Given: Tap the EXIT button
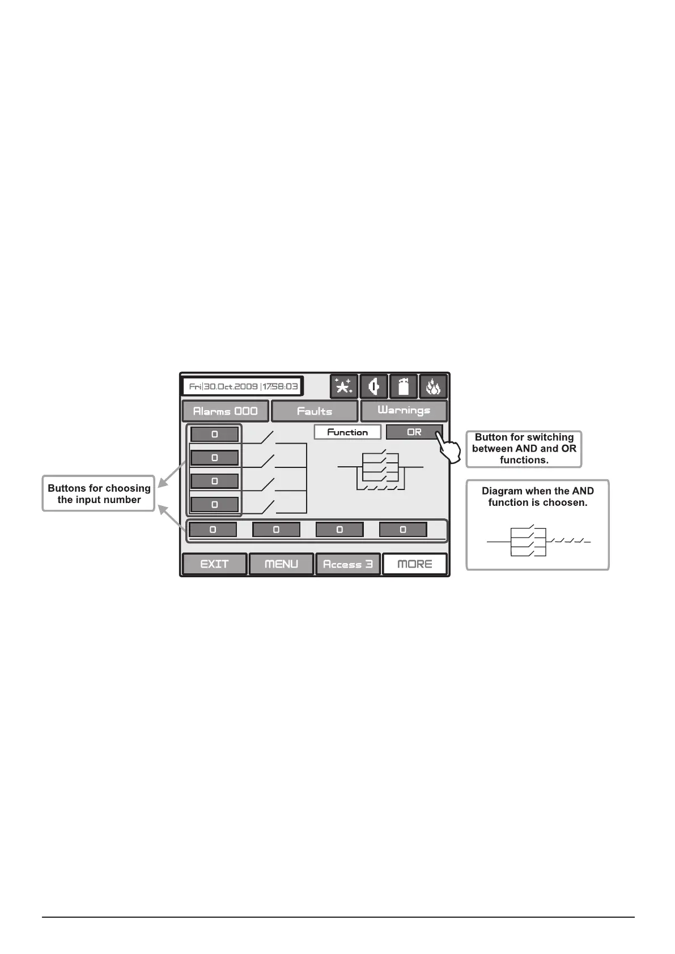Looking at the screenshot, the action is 214,564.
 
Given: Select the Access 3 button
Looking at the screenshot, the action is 347,564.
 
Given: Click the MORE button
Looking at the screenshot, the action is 415,564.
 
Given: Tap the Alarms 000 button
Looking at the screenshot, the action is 225,411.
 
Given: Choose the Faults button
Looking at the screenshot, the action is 315,411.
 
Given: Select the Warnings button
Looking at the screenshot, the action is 404,411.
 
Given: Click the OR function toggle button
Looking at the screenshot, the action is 414,432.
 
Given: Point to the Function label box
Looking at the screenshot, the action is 347,432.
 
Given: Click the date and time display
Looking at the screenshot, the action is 243,387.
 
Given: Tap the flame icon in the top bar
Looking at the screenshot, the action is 433,387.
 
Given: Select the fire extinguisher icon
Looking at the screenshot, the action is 404,387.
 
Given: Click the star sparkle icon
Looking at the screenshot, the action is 344,387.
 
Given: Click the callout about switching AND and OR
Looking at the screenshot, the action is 524,449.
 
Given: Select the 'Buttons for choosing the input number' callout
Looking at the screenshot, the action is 99,494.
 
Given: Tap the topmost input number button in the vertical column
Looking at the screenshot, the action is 214,435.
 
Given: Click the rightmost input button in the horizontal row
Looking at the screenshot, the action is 403,530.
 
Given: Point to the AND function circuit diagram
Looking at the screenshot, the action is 538,542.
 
